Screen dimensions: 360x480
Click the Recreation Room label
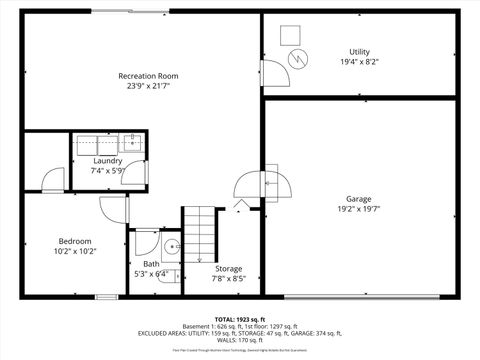click(148, 76)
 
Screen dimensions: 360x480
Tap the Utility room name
click(359, 51)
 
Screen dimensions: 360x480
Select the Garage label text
click(358, 198)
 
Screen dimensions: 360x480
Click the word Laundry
click(108, 160)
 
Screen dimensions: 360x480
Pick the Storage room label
click(228, 268)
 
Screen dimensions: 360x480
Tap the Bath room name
click(151, 263)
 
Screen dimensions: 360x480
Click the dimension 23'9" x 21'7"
click(148, 86)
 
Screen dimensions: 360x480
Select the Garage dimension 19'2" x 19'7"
click(358, 209)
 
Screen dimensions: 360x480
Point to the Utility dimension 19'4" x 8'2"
click(359, 61)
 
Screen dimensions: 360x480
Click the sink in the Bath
click(172, 247)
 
